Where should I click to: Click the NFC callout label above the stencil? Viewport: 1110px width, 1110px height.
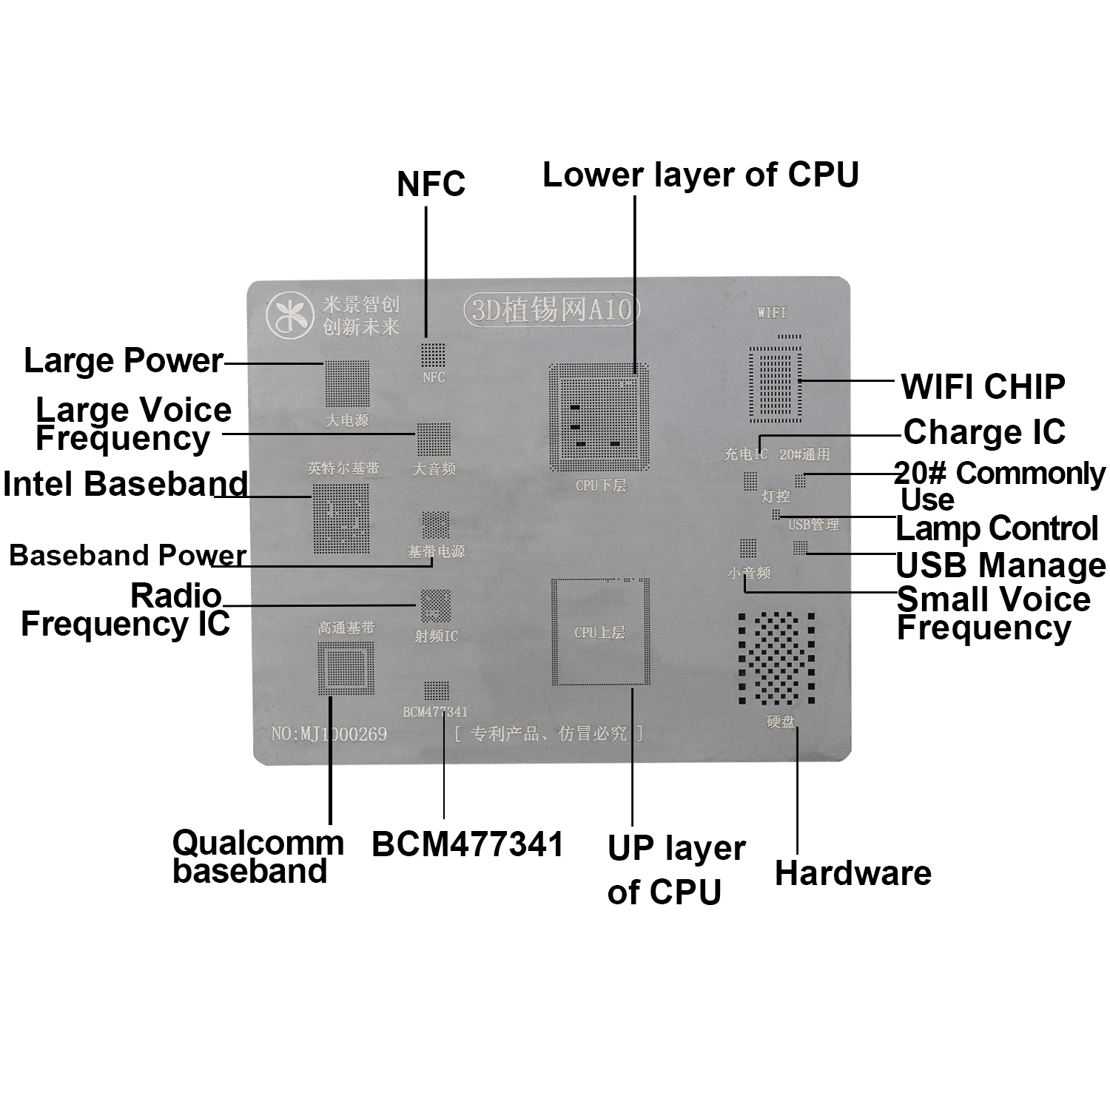[431, 184]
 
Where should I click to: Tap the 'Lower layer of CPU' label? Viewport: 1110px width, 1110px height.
[700, 175]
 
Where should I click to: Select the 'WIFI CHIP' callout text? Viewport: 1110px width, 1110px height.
[983, 386]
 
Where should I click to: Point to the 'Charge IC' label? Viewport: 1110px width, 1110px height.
[984, 432]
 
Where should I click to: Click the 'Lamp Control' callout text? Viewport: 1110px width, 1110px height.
[996, 528]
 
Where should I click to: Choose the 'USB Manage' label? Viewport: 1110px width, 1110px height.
[1000, 565]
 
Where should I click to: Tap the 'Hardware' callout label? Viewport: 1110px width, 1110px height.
[852, 873]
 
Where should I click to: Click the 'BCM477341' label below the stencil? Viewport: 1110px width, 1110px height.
[468, 844]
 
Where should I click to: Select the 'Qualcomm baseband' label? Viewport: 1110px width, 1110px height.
[258, 857]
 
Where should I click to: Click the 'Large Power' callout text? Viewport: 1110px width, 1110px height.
[124, 361]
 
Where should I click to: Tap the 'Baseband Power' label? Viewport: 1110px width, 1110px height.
[127, 555]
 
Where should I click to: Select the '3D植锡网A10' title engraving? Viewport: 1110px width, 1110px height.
[551, 309]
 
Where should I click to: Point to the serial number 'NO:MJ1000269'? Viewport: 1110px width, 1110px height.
[329, 734]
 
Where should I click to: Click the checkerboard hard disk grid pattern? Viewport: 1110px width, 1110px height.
[776, 658]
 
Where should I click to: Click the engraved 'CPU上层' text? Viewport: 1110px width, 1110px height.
[599, 633]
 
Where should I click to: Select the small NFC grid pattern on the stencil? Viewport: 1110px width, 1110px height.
[433, 354]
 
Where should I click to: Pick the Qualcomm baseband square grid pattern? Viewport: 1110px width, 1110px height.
[346, 667]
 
